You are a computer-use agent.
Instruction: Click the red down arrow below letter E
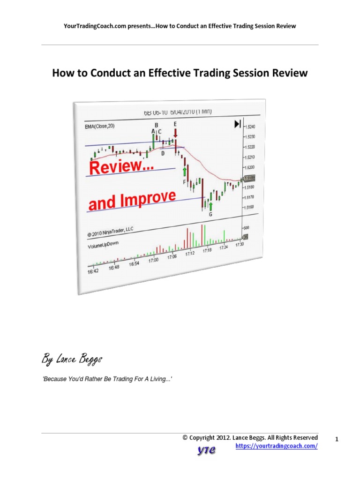point(175,133)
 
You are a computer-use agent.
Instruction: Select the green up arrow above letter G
point(211,206)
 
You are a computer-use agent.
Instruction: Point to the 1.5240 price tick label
point(249,127)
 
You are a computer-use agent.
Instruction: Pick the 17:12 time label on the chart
point(189,254)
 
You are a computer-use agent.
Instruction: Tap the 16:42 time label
point(94,271)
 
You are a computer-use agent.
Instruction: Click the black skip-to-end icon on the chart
point(238,124)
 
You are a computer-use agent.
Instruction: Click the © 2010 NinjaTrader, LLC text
point(110,233)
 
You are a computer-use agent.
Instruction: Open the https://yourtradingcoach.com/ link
point(276,446)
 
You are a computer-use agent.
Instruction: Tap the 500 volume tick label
point(247,227)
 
